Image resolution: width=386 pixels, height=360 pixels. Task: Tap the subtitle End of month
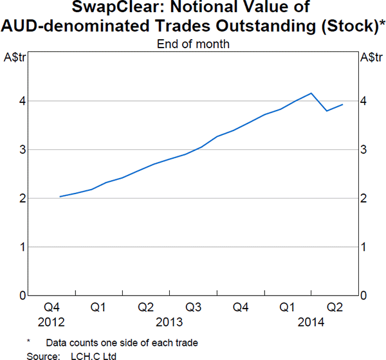pos(193,44)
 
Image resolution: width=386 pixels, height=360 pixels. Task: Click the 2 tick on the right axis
pos(363,199)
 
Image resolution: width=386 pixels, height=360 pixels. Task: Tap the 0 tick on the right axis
pos(363,296)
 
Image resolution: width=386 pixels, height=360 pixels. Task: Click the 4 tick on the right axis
pos(363,101)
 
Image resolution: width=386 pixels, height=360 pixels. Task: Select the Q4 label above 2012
pos(51,308)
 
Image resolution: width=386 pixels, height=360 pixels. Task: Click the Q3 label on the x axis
pos(193,308)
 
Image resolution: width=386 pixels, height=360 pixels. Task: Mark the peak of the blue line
pos(311,93)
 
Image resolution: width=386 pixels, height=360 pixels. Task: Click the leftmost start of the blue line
pos(59,197)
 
